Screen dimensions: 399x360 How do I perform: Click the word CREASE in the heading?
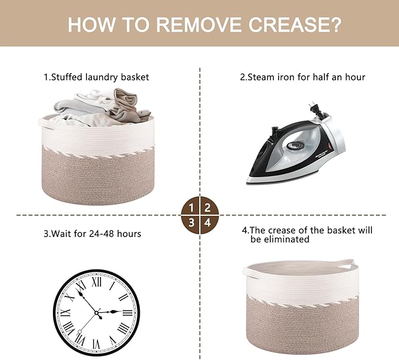(x=294, y=24)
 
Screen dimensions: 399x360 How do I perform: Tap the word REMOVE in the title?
(x=199, y=24)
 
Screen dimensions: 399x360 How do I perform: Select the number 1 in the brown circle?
(x=192, y=208)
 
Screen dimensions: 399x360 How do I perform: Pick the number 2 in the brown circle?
(x=207, y=208)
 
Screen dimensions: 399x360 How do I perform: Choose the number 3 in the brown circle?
(x=192, y=223)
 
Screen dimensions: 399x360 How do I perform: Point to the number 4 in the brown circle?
(x=208, y=223)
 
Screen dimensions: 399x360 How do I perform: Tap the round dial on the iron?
(x=295, y=145)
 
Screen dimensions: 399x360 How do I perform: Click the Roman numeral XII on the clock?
(x=96, y=282)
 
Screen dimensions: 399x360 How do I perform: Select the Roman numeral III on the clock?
(x=128, y=312)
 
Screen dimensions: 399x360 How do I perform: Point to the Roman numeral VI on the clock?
(x=96, y=344)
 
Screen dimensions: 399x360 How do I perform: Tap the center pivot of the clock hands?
(x=96, y=312)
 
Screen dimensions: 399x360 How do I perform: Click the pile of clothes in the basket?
(x=102, y=108)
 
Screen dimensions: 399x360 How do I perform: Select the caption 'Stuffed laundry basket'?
(x=100, y=77)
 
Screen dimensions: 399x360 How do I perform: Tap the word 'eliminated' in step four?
(x=280, y=239)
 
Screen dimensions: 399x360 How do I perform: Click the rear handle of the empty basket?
(x=347, y=263)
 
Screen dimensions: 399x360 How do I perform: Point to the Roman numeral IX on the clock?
(x=65, y=312)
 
